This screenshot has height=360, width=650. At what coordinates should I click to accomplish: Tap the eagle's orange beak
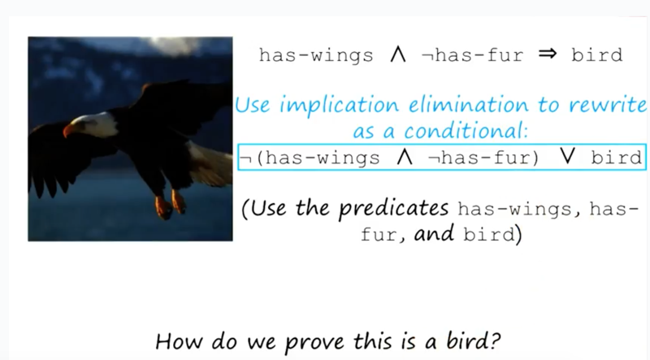(x=68, y=130)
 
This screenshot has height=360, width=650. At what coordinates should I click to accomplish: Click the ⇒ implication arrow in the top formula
(x=547, y=54)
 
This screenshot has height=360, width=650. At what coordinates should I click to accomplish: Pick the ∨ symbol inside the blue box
(x=566, y=157)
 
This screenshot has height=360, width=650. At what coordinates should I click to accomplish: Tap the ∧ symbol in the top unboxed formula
(x=398, y=54)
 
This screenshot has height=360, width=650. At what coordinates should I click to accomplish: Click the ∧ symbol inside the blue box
(x=405, y=158)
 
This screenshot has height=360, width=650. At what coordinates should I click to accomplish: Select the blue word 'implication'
(x=340, y=106)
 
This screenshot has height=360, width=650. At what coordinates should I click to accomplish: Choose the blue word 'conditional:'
(x=466, y=131)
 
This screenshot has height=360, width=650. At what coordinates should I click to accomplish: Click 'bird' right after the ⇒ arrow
(x=597, y=54)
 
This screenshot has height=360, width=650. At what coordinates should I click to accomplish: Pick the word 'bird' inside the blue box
(x=617, y=158)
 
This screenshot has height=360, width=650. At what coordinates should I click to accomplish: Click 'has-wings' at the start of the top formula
(x=316, y=55)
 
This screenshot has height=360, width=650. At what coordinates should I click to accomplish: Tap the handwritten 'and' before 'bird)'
(x=434, y=233)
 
